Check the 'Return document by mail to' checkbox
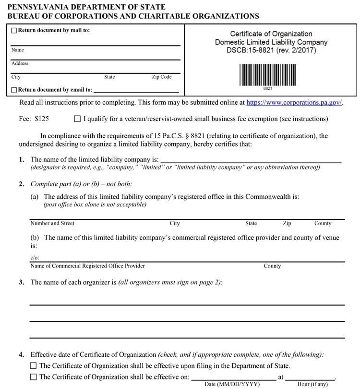click(x=14, y=31)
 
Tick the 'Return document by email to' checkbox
click(x=14, y=90)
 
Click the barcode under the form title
click(x=267, y=75)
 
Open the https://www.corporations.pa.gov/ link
click(x=294, y=102)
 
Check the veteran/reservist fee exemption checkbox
click(x=78, y=119)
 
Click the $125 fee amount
click(x=42, y=119)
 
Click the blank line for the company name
click(x=250, y=159)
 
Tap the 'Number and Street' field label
click(x=52, y=223)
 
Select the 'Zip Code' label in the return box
click(x=162, y=77)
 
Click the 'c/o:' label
click(x=34, y=258)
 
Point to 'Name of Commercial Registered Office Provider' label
click(x=87, y=266)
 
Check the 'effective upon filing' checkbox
click(x=33, y=366)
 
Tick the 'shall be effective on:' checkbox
click(x=33, y=377)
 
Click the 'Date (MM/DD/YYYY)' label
click(x=232, y=384)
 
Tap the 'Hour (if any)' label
click(x=312, y=384)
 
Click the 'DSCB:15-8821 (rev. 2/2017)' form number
click(x=271, y=50)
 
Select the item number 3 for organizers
click(x=22, y=282)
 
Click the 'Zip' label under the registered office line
click(x=287, y=223)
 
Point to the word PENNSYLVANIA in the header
click(x=35, y=7)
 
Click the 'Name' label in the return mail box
click(x=17, y=50)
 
